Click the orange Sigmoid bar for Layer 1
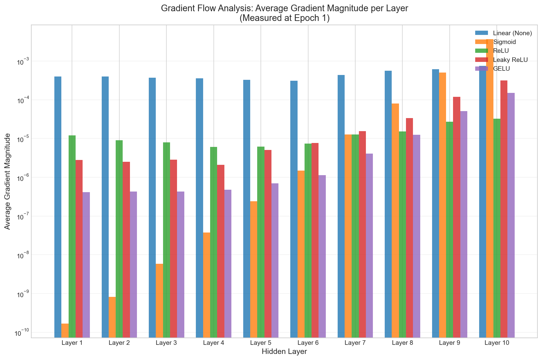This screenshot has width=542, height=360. [65, 330]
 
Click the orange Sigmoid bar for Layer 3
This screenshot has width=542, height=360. [159, 301]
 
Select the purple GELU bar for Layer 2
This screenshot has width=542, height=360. [133, 264]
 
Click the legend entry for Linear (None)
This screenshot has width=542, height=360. [513, 33]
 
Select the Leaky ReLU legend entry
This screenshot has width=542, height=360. [510, 60]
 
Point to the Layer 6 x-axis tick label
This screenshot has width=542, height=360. [308, 343]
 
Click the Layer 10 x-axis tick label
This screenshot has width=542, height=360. [497, 343]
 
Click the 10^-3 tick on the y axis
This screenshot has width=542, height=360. [21, 62]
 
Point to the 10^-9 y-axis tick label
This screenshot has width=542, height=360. [21, 294]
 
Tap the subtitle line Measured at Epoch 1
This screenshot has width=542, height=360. [284, 18]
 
